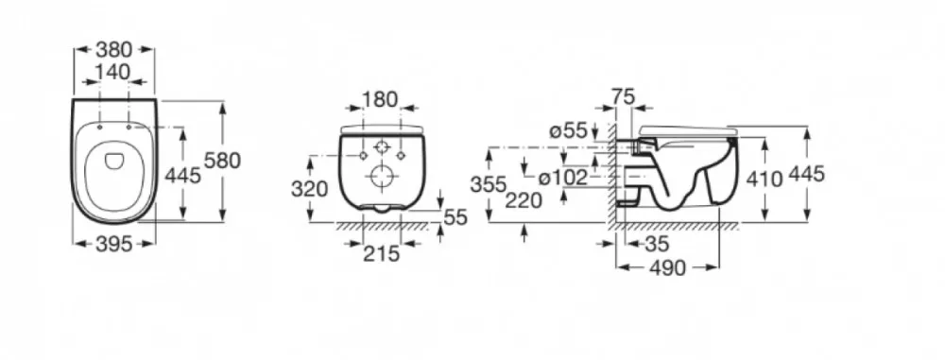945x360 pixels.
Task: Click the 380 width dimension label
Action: [114, 49]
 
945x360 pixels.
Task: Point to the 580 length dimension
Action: [222, 161]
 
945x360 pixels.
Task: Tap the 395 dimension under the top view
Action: [114, 244]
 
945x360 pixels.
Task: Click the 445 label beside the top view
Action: [182, 176]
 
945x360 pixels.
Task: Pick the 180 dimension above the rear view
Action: [380, 99]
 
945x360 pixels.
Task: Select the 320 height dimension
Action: [310, 189]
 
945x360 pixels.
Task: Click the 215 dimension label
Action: [381, 254]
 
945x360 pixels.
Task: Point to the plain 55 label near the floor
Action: [455, 217]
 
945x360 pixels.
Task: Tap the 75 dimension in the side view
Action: [623, 95]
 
